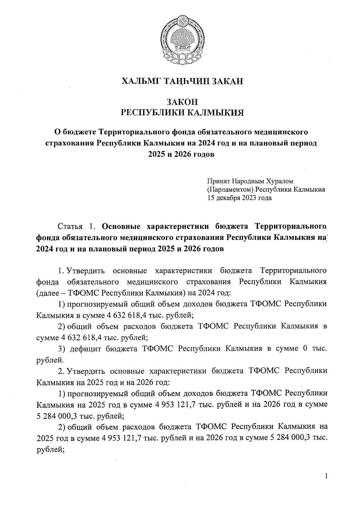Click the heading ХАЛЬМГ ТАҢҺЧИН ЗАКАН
coord(182,81)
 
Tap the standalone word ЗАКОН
coord(182,102)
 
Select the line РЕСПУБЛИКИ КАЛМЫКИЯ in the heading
coord(182,113)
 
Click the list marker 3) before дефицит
coord(62,349)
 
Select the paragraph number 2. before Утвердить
coord(61,371)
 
